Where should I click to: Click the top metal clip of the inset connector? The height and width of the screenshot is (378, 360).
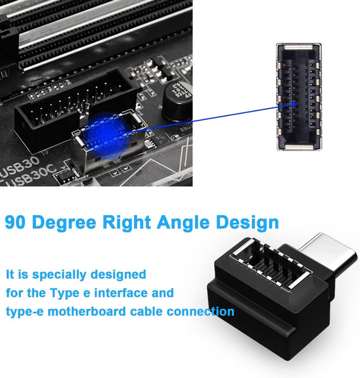point(299,49)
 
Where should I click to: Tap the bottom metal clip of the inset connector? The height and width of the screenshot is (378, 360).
point(299,145)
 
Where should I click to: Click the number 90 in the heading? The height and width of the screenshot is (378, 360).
point(16,222)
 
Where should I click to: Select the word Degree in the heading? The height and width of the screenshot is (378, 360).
point(66,222)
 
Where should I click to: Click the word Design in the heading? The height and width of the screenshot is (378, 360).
point(248,222)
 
